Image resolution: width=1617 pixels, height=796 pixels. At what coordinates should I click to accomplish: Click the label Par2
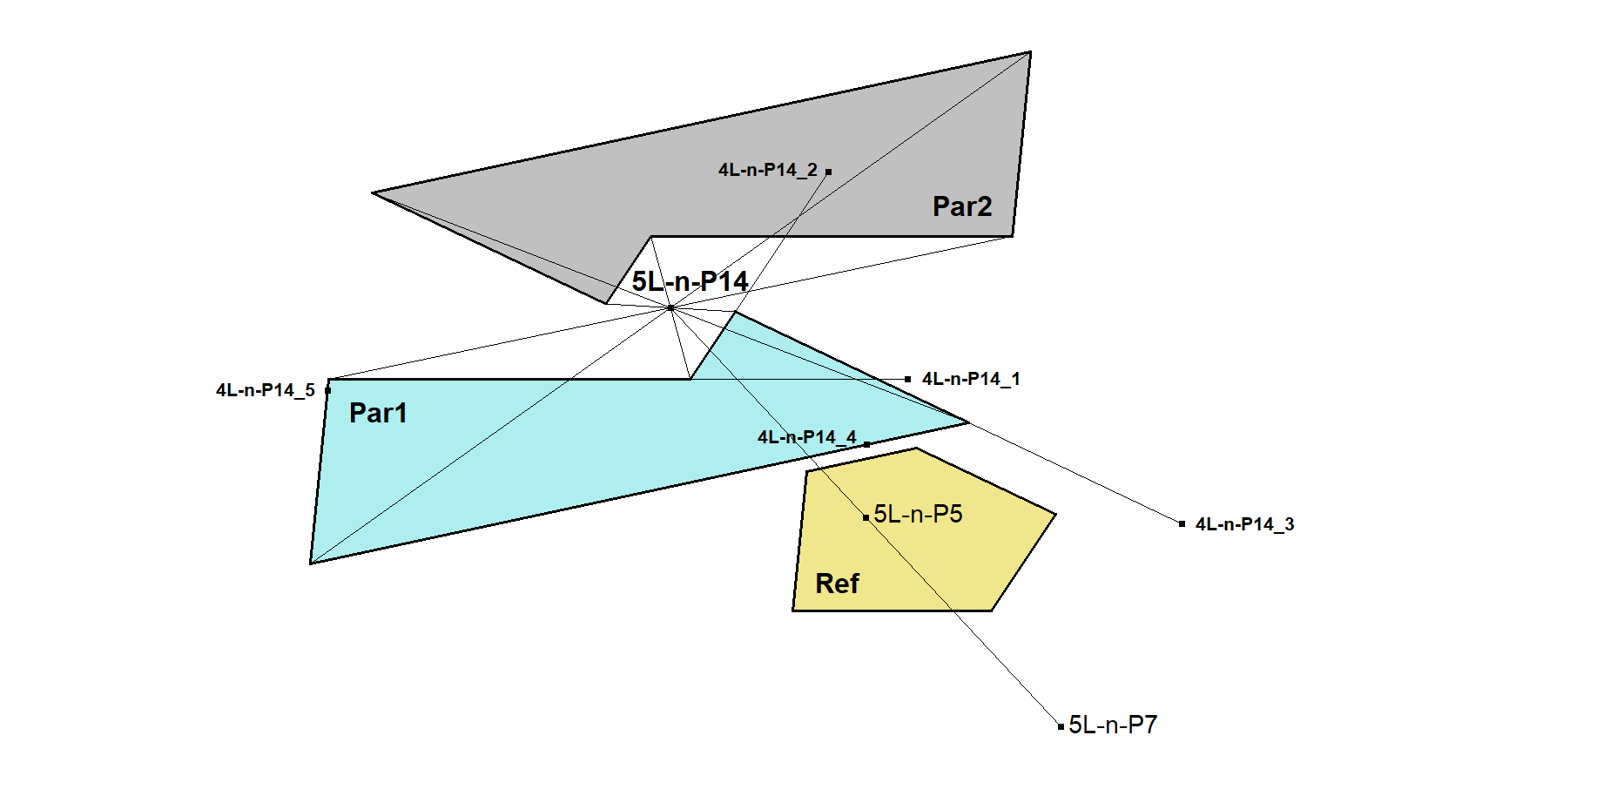click(x=962, y=206)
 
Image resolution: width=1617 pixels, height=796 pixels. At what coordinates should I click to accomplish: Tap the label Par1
click(x=378, y=413)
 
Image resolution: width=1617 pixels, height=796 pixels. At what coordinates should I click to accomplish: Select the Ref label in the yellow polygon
click(x=837, y=584)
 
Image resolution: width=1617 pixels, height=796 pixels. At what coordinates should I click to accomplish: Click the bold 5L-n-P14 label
click(x=690, y=281)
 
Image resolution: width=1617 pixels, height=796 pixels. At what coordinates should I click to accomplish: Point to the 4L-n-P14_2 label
click(x=767, y=170)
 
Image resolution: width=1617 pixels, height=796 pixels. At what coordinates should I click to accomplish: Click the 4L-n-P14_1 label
click(x=971, y=379)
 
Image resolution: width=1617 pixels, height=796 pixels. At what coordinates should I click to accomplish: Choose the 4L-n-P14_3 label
click(x=1244, y=524)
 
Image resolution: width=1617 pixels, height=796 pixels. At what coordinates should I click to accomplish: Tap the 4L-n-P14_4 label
click(x=806, y=437)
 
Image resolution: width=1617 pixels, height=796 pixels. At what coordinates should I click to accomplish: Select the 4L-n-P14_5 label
click(x=266, y=390)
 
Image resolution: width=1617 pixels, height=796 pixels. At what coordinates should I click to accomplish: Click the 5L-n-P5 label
click(x=918, y=515)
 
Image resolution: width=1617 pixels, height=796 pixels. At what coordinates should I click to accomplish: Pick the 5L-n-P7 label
click(x=1113, y=725)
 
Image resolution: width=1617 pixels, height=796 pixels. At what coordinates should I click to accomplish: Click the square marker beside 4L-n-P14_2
click(x=828, y=172)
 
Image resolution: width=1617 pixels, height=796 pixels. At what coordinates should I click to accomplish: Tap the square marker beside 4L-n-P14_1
click(x=908, y=379)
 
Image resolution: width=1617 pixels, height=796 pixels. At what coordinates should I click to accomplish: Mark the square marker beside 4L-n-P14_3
click(x=1182, y=523)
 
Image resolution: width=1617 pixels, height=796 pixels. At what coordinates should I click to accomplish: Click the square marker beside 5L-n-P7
click(x=1061, y=726)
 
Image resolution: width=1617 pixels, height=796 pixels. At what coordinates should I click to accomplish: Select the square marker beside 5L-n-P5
click(x=866, y=517)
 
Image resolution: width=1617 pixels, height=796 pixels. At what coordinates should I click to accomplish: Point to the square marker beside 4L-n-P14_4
click(x=866, y=444)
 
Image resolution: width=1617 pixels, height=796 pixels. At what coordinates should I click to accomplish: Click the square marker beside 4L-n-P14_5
click(x=328, y=390)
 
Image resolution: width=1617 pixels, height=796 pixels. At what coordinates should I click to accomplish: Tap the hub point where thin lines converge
click(x=670, y=307)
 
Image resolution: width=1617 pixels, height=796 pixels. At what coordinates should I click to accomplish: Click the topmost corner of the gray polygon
click(x=1030, y=52)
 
